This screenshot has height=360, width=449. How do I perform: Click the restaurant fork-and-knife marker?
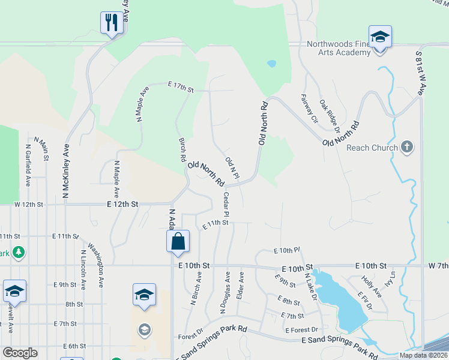(111, 23)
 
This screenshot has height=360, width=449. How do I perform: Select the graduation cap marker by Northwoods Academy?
(380, 37)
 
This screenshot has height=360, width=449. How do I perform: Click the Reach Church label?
(372, 148)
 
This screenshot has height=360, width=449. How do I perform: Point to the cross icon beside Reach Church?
(407, 146)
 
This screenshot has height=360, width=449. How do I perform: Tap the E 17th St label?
(181, 89)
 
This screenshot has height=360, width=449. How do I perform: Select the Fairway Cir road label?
(309, 107)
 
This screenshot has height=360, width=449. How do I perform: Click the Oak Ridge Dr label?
(330, 116)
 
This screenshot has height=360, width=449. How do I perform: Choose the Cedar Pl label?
(226, 205)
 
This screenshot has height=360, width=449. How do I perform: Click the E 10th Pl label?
(286, 250)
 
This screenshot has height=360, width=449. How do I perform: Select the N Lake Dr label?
(309, 286)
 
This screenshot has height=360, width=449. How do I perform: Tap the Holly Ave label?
(371, 286)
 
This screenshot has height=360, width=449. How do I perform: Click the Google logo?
(20, 352)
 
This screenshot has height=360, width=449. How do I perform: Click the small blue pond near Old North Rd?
(271, 63)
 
